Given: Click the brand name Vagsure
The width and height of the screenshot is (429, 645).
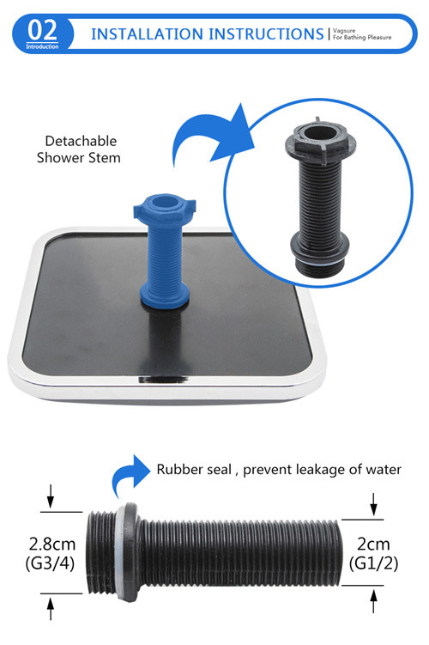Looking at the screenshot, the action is [344, 30].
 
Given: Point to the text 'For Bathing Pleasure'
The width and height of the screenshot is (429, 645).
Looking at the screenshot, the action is [362, 38].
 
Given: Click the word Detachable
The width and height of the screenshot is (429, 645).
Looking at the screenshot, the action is [81, 141].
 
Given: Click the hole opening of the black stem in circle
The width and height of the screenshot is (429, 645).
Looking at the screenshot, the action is [319, 133].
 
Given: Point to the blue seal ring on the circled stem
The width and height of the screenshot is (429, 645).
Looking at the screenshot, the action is [319, 260].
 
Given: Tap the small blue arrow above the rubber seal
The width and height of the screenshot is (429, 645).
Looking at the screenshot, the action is [130, 474].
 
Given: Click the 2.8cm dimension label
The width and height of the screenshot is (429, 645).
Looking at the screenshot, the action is [52, 545].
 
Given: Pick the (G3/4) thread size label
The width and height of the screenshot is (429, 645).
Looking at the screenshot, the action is [50, 563].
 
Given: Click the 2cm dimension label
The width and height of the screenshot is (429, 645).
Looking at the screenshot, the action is [373, 545].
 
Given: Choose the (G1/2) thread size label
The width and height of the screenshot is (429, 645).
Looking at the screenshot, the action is [373, 563].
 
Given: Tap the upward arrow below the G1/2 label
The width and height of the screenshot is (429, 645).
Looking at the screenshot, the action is [373, 601].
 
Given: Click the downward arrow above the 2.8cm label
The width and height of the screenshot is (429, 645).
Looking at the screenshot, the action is [51, 496].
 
